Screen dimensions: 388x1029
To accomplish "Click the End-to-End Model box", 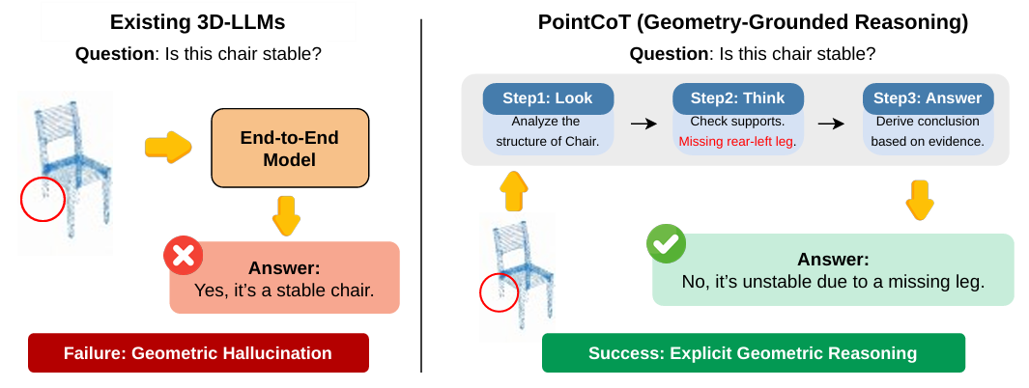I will point(289,149).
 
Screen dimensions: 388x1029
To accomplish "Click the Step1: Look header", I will point(549,98).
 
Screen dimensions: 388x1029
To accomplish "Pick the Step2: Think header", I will point(737,98).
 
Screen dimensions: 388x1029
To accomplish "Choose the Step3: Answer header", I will point(928,98).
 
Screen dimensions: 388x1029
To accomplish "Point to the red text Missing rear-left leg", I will point(737,142).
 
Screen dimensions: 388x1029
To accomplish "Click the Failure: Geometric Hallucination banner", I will point(199,353).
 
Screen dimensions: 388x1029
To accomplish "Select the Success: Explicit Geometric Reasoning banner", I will point(753,353).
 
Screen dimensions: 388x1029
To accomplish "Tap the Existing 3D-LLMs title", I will point(198,21).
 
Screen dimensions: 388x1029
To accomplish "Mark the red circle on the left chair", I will point(43,201).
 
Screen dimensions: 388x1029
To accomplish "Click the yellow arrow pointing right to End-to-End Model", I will point(167,148).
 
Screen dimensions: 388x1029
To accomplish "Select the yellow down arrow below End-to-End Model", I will point(287,213).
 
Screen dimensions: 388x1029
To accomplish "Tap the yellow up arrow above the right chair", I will point(516,191).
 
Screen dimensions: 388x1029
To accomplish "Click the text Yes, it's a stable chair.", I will point(284,289).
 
